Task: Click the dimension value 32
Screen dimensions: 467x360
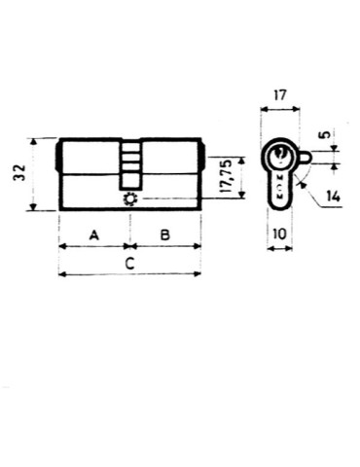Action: click(x=18, y=175)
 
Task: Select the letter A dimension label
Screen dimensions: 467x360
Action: click(x=93, y=234)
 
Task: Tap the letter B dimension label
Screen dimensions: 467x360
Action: click(x=164, y=234)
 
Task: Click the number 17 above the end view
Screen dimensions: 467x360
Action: click(x=281, y=97)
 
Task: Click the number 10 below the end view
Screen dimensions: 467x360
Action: click(x=279, y=234)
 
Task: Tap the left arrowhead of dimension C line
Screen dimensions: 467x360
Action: click(x=63, y=274)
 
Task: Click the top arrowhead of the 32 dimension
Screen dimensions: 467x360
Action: click(x=34, y=142)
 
